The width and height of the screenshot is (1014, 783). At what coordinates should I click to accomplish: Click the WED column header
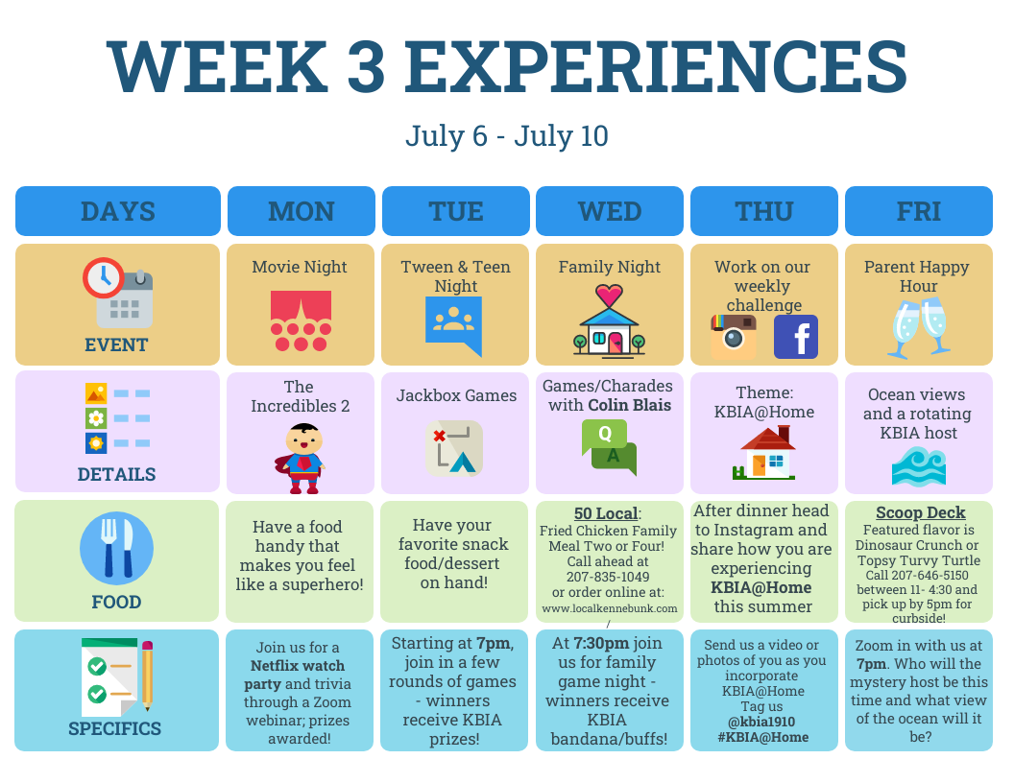pyautogui.click(x=609, y=211)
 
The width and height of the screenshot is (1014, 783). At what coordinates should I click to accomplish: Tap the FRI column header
pyautogui.click(x=918, y=211)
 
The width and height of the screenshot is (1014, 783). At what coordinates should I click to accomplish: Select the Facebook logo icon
pyautogui.click(x=795, y=337)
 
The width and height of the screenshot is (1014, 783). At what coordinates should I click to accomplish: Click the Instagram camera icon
pyautogui.click(x=734, y=336)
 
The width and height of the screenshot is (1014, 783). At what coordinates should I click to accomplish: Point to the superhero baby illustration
pyautogui.click(x=301, y=458)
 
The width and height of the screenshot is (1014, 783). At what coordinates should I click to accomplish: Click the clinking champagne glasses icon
pyautogui.click(x=918, y=328)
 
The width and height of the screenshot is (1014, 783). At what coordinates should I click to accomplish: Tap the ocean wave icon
pyautogui.click(x=918, y=466)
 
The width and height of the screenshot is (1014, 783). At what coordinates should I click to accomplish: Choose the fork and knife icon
pyautogui.click(x=116, y=549)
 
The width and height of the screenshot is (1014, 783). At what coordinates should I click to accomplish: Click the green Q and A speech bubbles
pyautogui.click(x=609, y=447)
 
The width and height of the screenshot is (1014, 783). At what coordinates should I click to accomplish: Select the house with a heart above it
pyautogui.click(x=609, y=320)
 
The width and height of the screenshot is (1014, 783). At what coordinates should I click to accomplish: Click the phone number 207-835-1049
pyautogui.click(x=608, y=577)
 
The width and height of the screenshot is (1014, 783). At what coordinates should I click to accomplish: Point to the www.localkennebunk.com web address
pyautogui.click(x=609, y=608)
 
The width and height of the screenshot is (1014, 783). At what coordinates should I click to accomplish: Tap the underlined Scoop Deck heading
pyautogui.click(x=920, y=512)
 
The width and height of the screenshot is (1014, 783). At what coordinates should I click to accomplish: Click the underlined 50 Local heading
pyautogui.click(x=606, y=513)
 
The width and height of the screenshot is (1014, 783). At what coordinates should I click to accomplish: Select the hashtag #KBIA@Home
pyautogui.click(x=763, y=737)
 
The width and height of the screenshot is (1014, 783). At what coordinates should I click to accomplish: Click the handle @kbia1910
pyautogui.click(x=761, y=722)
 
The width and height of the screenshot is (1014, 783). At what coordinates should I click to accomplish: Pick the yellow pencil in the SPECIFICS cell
pyautogui.click(x=148, y=675)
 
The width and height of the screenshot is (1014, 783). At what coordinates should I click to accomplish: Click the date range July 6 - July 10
pyautogui.click(x=507, y=136)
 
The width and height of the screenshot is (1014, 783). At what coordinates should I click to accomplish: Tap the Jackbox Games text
pyautogui.click(x=456, y=395)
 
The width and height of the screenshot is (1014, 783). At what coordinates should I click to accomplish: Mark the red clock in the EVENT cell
pyautogui.click(x=104, y=278)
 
